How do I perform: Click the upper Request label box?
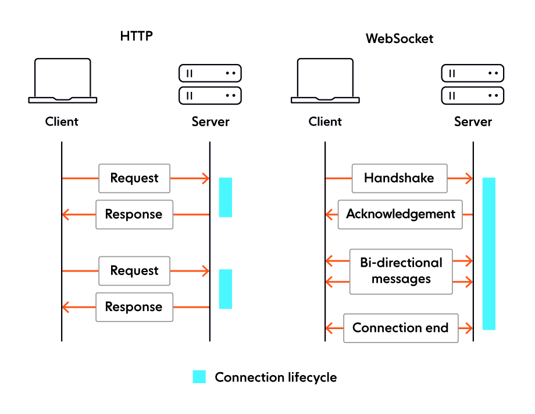(134, 178)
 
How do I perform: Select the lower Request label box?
(134, 271)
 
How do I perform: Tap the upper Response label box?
(134, 214)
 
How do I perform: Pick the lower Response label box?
(134, 307)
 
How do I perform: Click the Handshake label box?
(399, 178)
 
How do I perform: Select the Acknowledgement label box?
(400, 214)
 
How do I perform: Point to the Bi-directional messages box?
(401, 271)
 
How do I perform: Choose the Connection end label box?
(401, 328)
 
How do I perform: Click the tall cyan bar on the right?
(488, 254)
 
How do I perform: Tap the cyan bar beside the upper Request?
(225, 197)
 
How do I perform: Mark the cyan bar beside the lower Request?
(225, 289)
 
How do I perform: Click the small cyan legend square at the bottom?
(199, 376)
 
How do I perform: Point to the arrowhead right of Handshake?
(469, 179)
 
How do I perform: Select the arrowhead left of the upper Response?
(66, 215)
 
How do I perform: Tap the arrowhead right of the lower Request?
(205, 271)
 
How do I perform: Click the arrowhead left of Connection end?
(329, 329)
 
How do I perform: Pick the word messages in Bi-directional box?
(401, 279)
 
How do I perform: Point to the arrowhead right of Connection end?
(469, 329)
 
